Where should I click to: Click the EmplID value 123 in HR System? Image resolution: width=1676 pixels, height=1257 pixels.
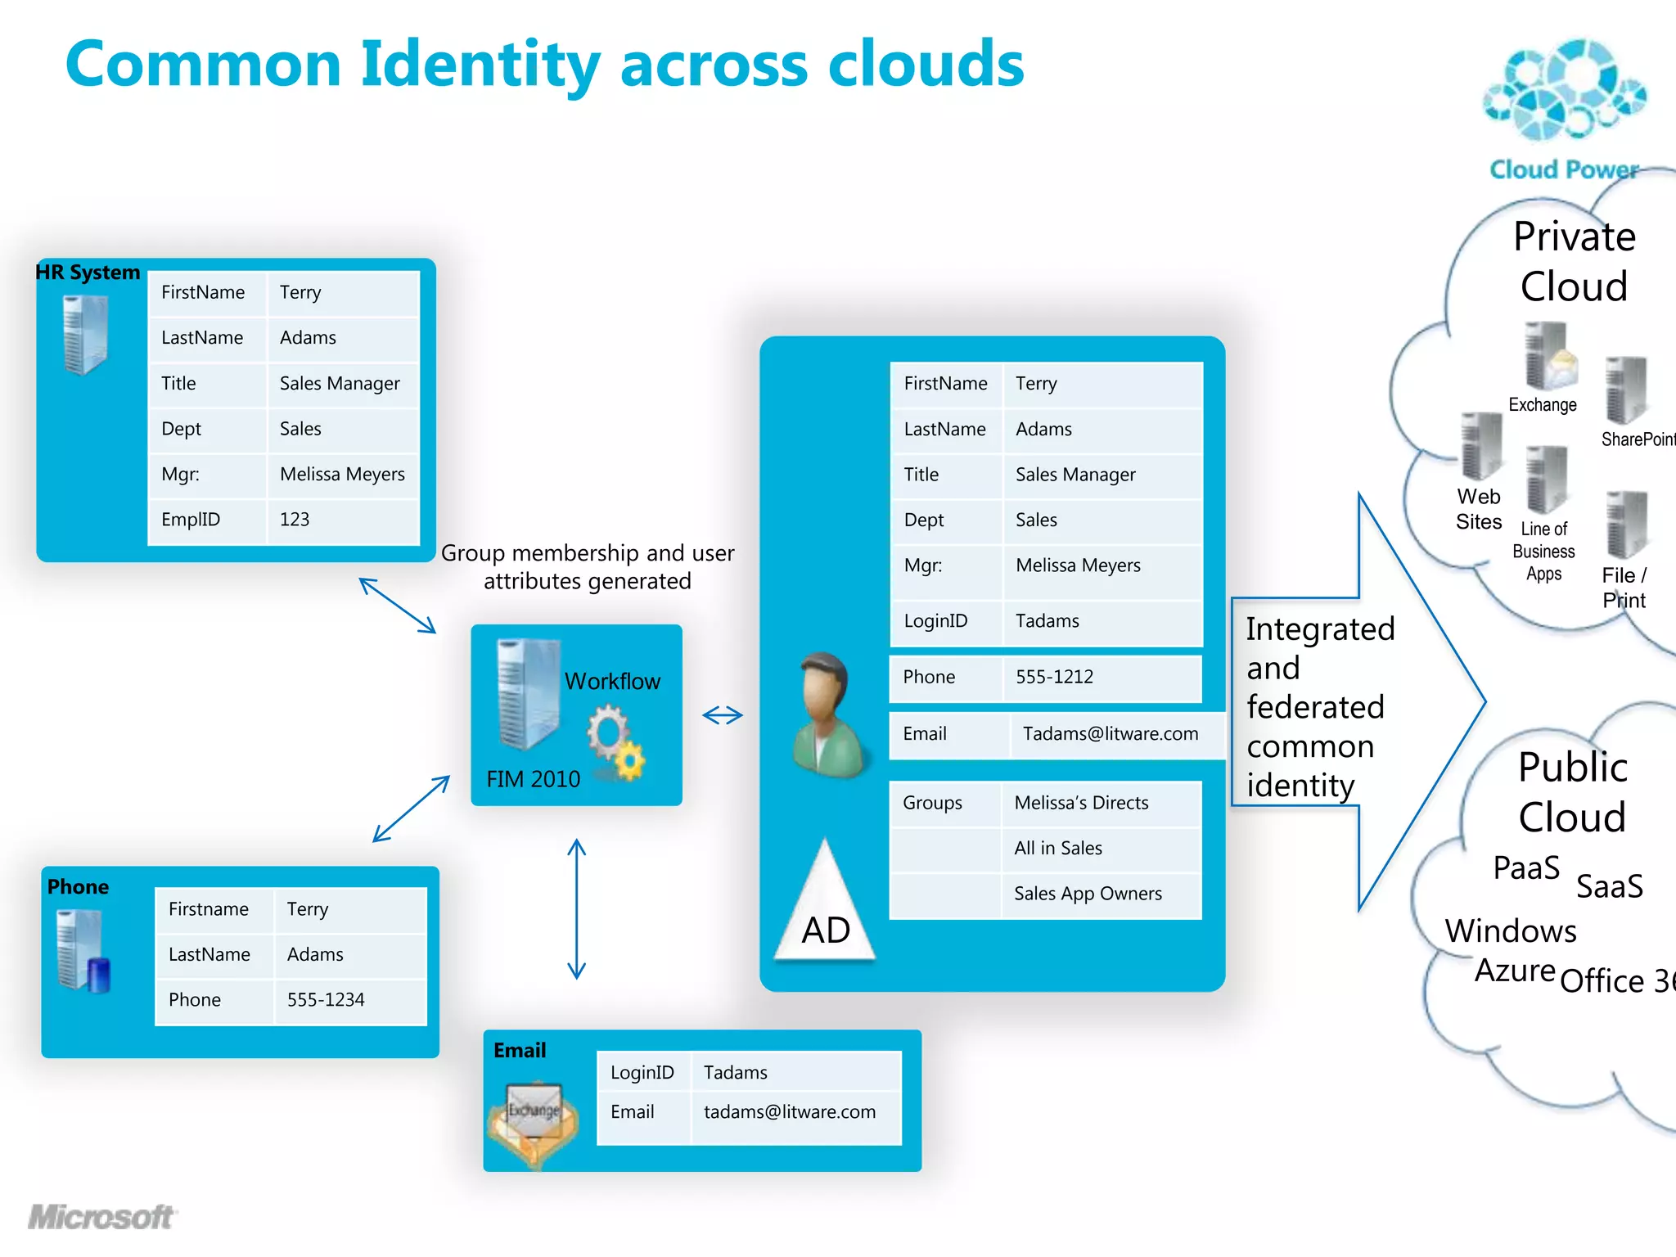click(x=295, y=520)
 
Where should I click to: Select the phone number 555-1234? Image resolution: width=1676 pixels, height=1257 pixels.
click(x=326, y=999)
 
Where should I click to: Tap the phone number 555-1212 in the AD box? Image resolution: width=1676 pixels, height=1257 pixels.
click(x=1054, y=677)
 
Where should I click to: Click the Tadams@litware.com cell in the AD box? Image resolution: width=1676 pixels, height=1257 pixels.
click(x=1110, y=734)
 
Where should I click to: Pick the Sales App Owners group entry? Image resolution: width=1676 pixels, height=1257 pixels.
click(x=1088, y=894)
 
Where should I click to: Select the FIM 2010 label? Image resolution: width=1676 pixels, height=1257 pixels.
click(x=533, y=779)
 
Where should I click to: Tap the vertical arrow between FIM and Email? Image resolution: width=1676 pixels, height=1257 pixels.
click(x=577, y=908)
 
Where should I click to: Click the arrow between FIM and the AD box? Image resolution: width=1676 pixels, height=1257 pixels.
click(x=723, y=715)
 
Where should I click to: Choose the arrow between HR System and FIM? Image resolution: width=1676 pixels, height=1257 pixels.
click(x=398, y=606)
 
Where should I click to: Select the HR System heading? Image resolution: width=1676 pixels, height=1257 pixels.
click(x=88, y=273)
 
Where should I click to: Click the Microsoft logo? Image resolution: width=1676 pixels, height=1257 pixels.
click(x=101, y=1217)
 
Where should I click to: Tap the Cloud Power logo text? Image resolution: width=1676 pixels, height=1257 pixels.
click(x=1563, y=169)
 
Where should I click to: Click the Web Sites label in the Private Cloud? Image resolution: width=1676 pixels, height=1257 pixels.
click(x=1479, y=509)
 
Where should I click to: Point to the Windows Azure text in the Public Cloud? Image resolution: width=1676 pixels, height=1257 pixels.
click(x=1510, y=949)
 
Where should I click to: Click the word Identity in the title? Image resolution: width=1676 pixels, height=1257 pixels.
click(x=480, y=65)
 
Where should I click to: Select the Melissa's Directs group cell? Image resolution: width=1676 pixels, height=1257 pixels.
click(x=1081, y=803)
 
